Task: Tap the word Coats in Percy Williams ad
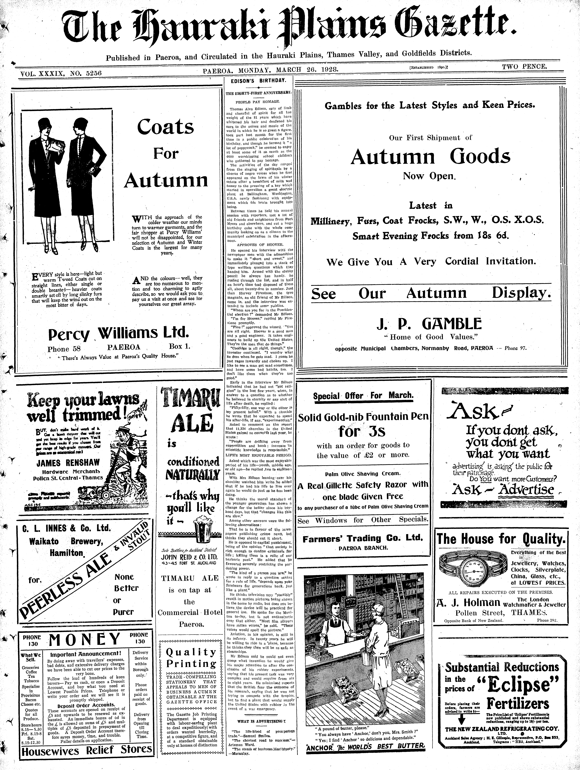[165, 127]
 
